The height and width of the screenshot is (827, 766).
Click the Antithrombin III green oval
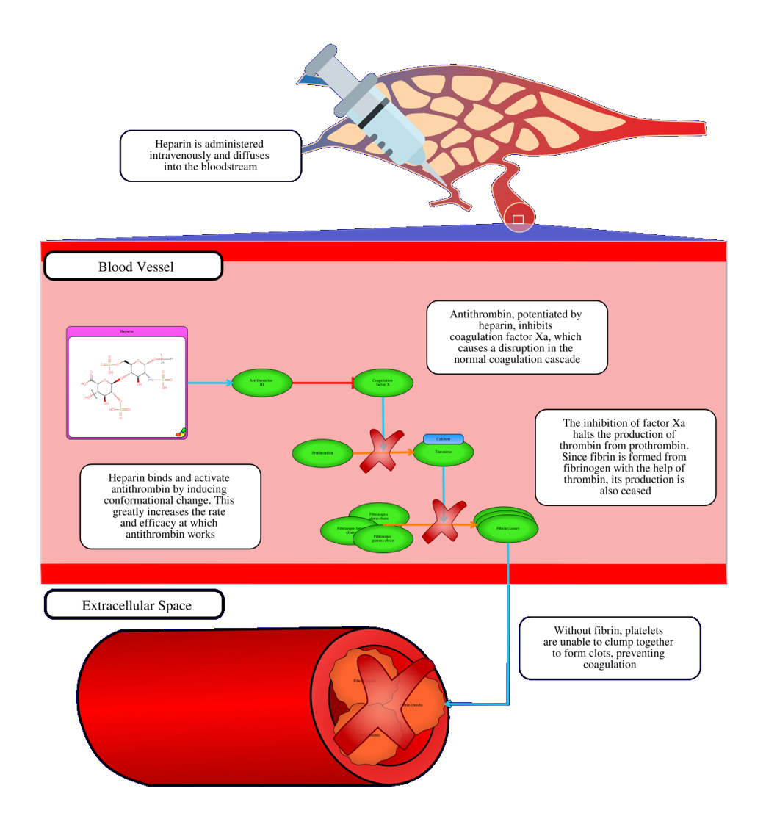pos(261,383)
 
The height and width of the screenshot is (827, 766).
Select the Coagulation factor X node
pos(383,383)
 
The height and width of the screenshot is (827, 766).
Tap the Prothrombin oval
pos(322,453)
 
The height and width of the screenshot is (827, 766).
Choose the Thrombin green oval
pos(443,453)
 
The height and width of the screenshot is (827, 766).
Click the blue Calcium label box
pos(443,439)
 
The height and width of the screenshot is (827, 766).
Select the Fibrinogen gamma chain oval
pos(383,540)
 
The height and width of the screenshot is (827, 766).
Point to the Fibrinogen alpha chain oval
pos(379,513)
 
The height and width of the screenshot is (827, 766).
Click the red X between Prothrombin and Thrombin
pos(383,449)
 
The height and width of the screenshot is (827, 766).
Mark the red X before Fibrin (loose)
pos(444,521)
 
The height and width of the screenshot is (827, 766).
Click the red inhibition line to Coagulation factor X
pos(323,383)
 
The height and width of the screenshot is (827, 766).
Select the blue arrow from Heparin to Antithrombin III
pos(209,383)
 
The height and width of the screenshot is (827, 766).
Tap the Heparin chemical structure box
pos(127,383)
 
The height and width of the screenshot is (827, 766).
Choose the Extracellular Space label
pos(135,605)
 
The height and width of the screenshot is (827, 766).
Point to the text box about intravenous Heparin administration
pos(210,156)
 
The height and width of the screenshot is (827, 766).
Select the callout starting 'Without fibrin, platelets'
pos(610,648)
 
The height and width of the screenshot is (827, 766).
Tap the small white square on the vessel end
pos(518,220)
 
